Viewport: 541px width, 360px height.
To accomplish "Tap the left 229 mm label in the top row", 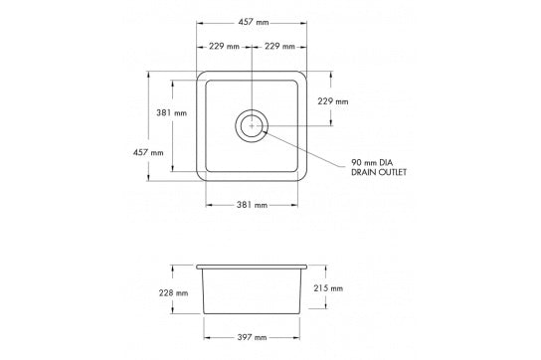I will (224, 47).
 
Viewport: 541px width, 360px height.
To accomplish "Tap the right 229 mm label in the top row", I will (279, 47).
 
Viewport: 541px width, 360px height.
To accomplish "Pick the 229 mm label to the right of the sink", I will (332, 101).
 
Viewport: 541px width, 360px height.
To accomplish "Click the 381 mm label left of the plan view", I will (172, 113).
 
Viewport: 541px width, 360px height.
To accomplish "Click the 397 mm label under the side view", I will (252, 338).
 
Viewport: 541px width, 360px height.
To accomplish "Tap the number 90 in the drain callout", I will (355, 162).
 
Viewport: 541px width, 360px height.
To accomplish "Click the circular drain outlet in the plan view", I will (252, 125).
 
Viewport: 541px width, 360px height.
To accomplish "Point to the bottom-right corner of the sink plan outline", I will (303, 179).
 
